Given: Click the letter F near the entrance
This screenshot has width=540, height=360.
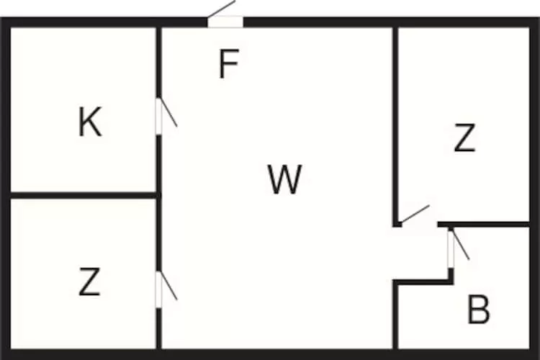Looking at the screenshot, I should point(228,66).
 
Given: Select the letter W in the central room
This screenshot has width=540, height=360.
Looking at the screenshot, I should point(284,179).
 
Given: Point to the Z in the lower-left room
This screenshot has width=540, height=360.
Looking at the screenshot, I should point(89,282).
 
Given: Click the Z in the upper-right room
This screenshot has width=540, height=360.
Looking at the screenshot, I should point(465,138).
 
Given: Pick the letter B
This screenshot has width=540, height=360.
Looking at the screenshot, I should point(478,310).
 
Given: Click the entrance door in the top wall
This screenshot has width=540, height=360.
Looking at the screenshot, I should point(225,22).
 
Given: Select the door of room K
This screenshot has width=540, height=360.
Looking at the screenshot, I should point(159,115).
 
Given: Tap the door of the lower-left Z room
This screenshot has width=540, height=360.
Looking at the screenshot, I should point(159,289).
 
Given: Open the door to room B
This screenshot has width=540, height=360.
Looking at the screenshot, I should point(451,248).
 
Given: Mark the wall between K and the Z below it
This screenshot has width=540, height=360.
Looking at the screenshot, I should point(83,194).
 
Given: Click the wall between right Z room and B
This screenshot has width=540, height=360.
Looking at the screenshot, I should point(490,225).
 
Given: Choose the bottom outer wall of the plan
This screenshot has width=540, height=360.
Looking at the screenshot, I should point(270,354).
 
